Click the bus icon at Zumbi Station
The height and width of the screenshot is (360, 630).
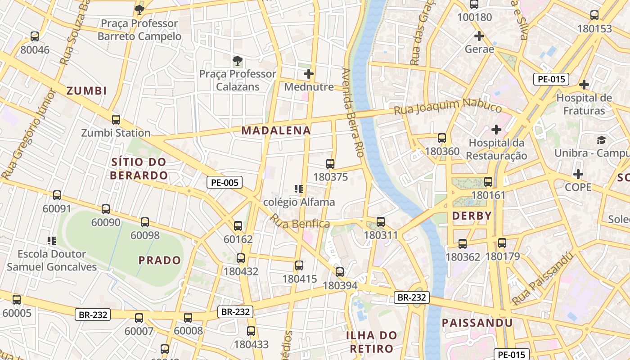point(116,120)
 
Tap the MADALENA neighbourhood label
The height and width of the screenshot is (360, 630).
point(276,130)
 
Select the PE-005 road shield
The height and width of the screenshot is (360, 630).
point(225,182)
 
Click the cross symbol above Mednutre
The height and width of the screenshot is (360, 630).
point(309,74)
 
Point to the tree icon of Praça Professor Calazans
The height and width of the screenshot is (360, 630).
point(237,60)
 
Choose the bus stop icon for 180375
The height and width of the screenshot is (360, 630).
point(330,164)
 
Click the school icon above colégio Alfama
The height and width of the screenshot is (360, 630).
point(298,189)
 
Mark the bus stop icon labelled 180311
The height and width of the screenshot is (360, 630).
point(381,221)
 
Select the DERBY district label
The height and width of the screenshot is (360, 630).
point(472,216)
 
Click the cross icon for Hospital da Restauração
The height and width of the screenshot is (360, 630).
point(496,130)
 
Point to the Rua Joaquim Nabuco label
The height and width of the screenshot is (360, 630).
point(448,107)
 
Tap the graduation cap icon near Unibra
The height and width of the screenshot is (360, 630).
point(601,140)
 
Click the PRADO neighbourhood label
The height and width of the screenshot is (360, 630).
point(159,260)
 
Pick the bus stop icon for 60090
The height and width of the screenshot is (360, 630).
point(106,209)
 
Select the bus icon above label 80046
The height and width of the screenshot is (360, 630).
point(35,36)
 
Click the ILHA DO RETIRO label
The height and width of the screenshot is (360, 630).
point(371,342)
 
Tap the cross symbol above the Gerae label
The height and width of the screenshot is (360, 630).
point(479,36)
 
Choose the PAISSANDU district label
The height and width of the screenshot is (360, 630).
point(477,323)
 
